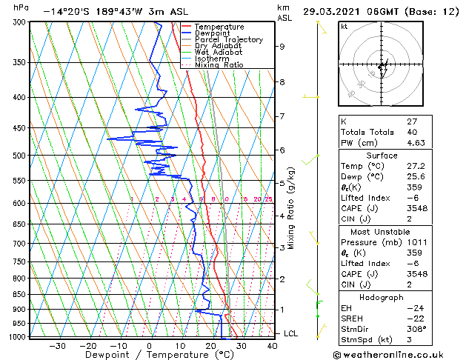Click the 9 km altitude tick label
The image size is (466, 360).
[282, 46]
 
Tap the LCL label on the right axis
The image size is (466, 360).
[291, 333]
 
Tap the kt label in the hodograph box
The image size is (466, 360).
[344, 27]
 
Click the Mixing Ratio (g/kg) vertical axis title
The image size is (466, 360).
[291, 207]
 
